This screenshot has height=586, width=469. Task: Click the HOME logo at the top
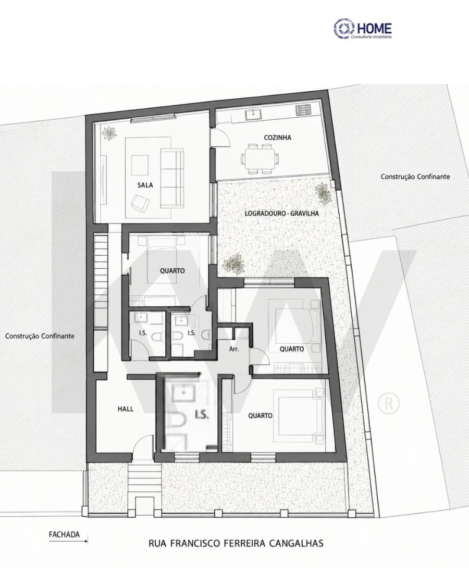(363, 29)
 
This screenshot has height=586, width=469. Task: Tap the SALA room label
(145, 184)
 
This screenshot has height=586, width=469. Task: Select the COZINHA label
(278, 138)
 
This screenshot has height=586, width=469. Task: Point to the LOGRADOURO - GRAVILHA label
(281, 214)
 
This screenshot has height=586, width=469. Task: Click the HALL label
(126, 409)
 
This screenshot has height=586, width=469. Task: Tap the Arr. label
(234, 350)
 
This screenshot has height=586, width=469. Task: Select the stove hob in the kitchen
(304, 110)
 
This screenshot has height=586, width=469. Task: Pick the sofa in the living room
(172, 178)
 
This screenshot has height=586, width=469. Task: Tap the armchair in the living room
(140, 204)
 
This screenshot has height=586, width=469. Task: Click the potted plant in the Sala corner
(109, 133)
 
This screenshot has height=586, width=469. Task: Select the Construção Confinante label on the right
(415, 177)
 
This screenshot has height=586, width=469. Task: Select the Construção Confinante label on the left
(40, 335)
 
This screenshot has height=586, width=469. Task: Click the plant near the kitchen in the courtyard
(323, 193)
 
